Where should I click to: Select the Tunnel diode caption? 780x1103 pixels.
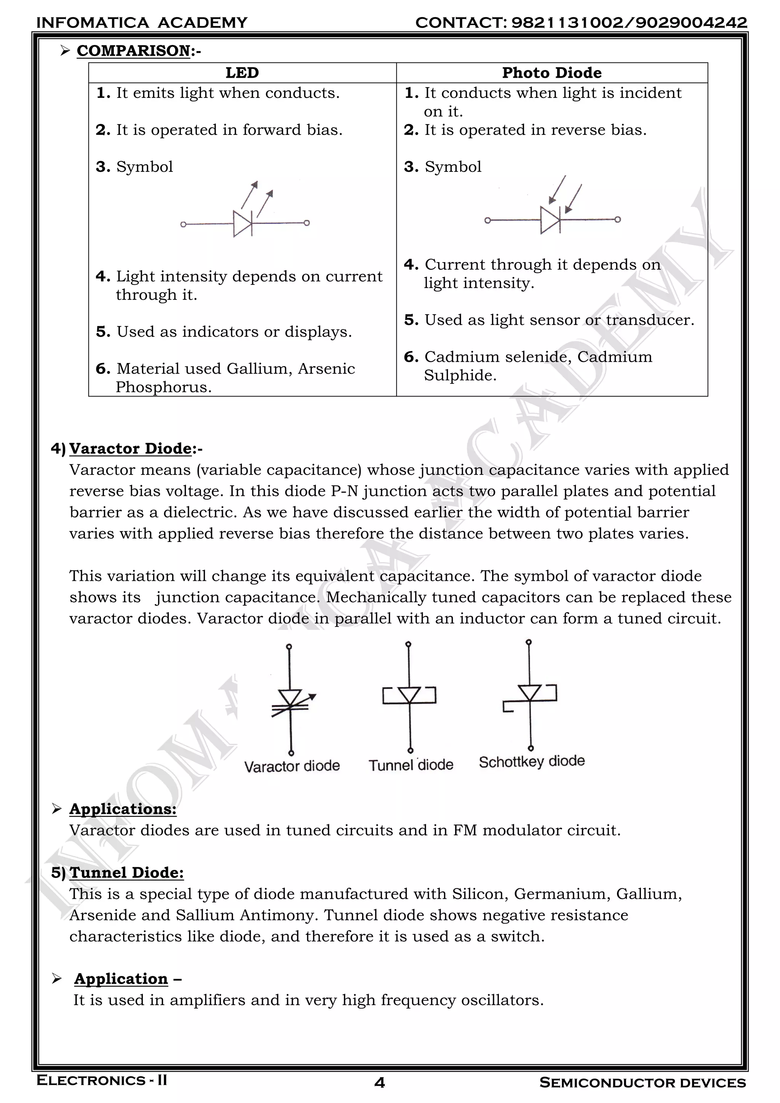pyautogui.click(x=411, y=765)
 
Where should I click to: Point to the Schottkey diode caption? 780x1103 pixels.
pyautogui.click(x=532, y=761)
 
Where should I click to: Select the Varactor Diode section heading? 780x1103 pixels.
pyautogui.click(x=130, y=448)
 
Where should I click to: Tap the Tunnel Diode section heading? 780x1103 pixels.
pyautogui.click(x=126, y=873)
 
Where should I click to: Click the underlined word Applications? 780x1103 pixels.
pyautogui.click(x=123, y=809)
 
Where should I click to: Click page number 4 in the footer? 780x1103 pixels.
pyautogui.click(x=379, y=1083)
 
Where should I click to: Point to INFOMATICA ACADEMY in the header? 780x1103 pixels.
pyautogui.click(x=142, y=22)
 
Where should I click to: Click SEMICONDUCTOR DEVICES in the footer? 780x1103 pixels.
pyautogui.click(x=642, y=1083)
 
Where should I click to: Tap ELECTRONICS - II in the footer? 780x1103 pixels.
pyautogui.click(x=102, y=1081)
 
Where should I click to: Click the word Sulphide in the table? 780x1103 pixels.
pyautogui.click(x=460, y=375)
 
